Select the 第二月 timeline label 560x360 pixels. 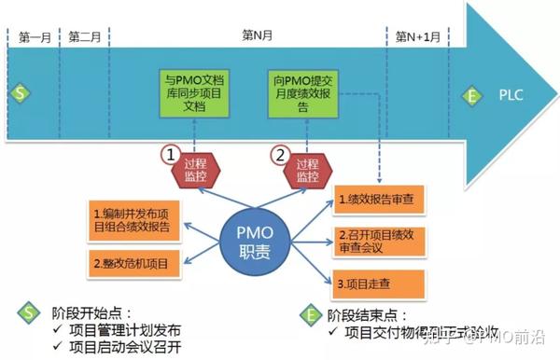(84, 37)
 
